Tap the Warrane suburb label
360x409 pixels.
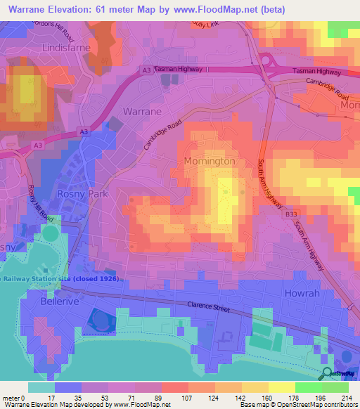click(x=142, y=112)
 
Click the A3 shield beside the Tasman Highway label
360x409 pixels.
click(x=146, y=70)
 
